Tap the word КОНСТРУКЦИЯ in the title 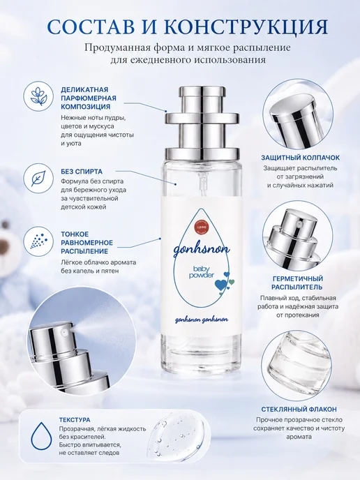coord(245,27)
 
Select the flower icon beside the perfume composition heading coord(38,96)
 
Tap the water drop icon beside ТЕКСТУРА coord(38,436)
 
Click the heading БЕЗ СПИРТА coord(82,172)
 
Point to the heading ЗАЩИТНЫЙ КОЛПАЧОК coord(300,158)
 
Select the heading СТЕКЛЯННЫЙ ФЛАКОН coord(299,410)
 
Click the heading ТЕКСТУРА coord(75,420)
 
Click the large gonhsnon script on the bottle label coord(202,250)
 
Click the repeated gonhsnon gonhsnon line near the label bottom coord(201,320)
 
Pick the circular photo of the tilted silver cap coord(297,114)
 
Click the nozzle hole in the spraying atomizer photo coord(63,331)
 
